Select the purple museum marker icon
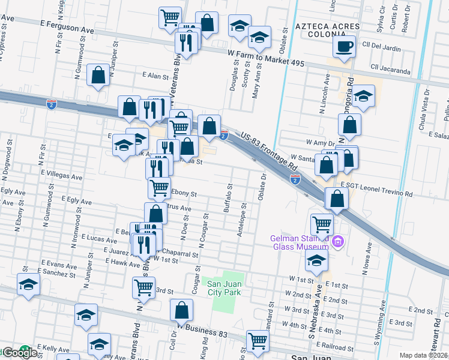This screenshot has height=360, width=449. (x=337, y=242)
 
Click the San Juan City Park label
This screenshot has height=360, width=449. (x=224, y=288)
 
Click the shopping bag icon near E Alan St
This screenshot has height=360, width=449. (x=98, y=76)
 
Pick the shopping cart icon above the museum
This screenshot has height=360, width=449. (x=322, y=225)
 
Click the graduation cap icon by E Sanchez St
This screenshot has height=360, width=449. (x=28, y=286)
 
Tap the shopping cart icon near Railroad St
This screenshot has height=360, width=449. (x=258, y=341)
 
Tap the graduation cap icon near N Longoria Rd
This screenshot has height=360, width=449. (x=363, y=97)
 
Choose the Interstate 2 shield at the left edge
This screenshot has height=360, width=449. (x=52, y=104)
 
